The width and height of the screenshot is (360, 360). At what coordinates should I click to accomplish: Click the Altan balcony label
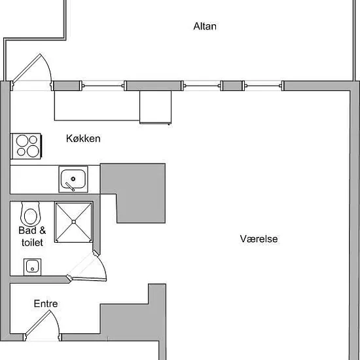coord(205,26)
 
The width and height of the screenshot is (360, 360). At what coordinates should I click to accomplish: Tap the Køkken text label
coord(83,139)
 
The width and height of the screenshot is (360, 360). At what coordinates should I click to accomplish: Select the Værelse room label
coord(259,239)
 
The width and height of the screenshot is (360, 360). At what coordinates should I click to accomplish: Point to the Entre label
coord(46,304)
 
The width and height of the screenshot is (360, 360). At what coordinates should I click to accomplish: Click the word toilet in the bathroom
coord(32,243)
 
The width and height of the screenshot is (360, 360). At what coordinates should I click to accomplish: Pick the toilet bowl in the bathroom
coord(31,214)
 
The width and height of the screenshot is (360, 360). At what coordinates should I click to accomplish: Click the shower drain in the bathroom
coord(74,222)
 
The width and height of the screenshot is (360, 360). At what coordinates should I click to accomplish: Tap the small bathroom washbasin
coord(32,267)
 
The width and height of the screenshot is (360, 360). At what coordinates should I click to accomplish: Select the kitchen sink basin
coord(73,179)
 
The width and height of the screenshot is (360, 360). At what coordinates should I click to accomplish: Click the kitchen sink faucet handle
coord(69,187)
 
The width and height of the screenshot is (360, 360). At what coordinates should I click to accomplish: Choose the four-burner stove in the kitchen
coord(27,146)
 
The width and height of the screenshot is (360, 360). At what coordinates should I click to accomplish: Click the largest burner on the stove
coord(33,151)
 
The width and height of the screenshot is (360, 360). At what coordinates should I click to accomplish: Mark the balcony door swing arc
coord(48,67)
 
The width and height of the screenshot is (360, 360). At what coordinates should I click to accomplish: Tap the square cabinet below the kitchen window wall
coord(155,107)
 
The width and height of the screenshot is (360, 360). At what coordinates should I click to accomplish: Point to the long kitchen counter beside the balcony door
coord(97,105)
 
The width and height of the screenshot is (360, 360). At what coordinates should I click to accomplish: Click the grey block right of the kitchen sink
coord(136,193)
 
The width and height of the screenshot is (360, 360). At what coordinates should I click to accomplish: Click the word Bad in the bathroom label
coord(27,230)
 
